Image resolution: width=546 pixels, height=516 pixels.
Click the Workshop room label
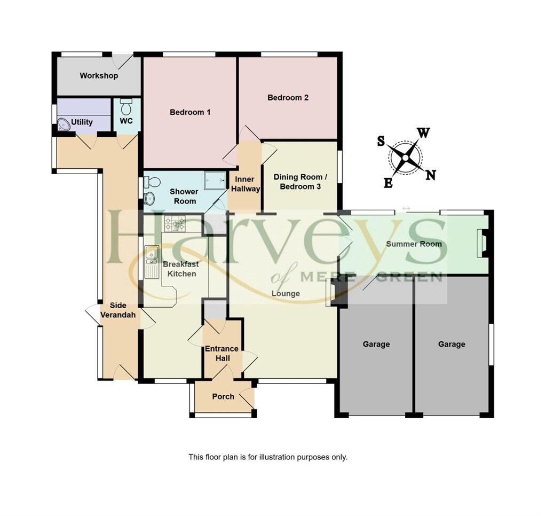click(x=99, y=76)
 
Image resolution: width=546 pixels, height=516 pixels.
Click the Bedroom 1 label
click(x=190, y=112)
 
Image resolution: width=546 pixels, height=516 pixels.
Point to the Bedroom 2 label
click(x=288, y=98)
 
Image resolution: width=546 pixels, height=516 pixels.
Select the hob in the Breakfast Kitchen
click(x=175, y=223)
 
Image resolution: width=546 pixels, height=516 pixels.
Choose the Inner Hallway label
click(x=246, y=184)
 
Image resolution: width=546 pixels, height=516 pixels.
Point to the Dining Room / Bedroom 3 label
click(x=298, y=182)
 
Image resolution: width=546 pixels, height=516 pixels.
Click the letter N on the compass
click(x=431, y=175)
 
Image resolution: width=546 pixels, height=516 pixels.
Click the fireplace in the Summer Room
click(x=483, y=242)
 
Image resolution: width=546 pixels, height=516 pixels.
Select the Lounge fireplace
click(x=334, y=293)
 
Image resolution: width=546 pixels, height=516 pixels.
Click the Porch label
click(x=223, y=396)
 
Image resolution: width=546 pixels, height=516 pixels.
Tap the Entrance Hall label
click(x=222, y=353)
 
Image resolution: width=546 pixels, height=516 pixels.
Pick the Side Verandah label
click(x=118, y=310)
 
